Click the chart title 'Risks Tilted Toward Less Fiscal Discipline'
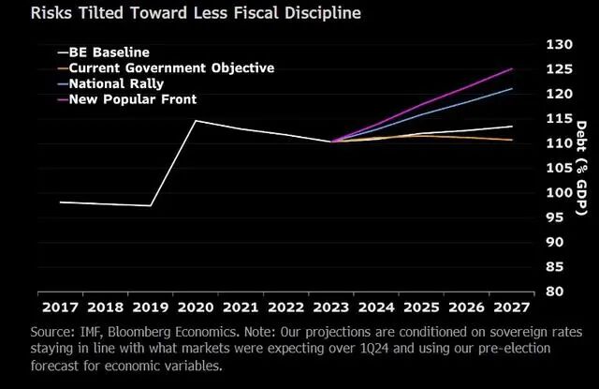196,13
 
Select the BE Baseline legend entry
104,52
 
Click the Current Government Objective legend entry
167,68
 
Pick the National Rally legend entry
110,83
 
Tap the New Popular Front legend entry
127,99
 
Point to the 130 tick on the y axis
560,44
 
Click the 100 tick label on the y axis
560,192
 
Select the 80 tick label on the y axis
555,292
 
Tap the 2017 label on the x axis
60,307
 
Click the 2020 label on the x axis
196,307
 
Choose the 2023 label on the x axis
330,307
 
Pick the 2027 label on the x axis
512,307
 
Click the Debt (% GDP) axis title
581,168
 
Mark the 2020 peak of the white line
196,121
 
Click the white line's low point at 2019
151,206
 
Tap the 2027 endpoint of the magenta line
512,68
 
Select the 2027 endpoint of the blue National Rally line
512,89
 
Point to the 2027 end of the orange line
512,140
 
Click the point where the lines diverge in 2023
330,142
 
